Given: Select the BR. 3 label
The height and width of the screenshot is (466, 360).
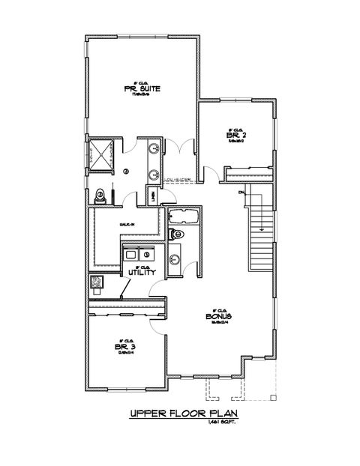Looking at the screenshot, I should coord(124,348).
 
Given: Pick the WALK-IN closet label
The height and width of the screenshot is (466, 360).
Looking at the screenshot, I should coord(125,224).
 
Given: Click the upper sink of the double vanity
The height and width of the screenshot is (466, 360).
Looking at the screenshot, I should coord(154,148).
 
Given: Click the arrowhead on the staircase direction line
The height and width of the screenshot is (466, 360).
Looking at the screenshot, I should coord(260,228).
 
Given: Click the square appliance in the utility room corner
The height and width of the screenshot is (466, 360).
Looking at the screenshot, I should coord(96,282).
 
